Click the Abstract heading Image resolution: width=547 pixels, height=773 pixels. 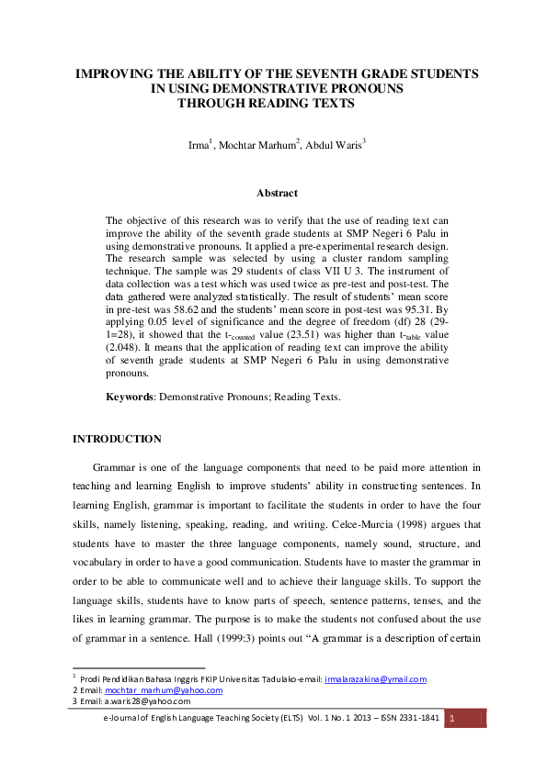tap(277, 193)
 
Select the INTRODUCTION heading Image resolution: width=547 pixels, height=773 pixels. tap(117, 439)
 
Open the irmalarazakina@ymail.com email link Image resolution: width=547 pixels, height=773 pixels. tap(375, 679)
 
